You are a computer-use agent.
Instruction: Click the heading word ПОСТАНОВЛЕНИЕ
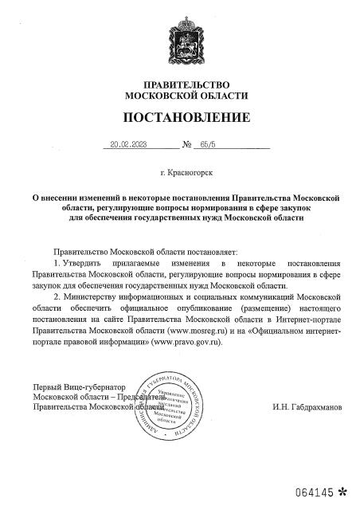(x=186, y=118)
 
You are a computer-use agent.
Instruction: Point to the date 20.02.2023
(x=127, y=146)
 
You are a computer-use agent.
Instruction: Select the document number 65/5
(x=209, y=146)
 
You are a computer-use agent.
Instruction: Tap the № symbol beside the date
(x=187, y=146)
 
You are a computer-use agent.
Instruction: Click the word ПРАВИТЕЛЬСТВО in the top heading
(x=186, y=85)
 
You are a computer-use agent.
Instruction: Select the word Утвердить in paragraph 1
(x=81, y=262)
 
